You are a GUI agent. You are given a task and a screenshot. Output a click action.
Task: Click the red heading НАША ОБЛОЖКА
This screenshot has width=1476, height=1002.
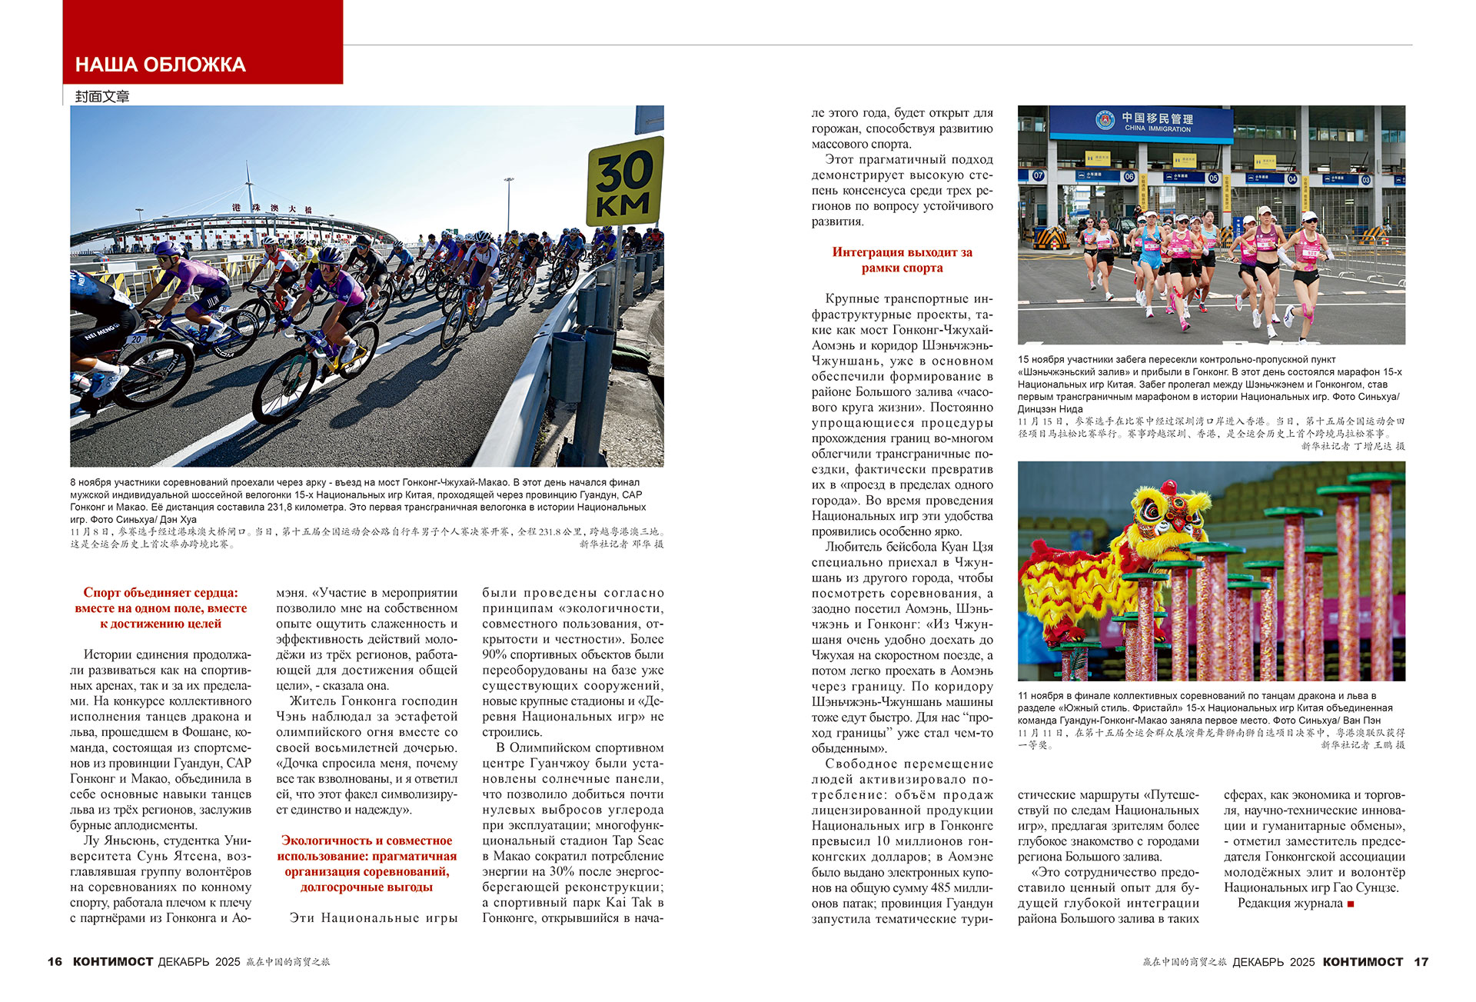pyautogui.click(x=160, y=65)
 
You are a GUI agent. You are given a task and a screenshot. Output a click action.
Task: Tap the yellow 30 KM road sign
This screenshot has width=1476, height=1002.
pyautogui.click(x=624, y=183)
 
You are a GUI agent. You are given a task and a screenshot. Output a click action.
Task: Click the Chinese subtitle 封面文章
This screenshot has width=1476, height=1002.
pyautogui.click(x=102, y=96)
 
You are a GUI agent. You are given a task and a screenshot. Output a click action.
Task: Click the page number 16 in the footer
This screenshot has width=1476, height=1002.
pyautogui.click(x=55, y=962)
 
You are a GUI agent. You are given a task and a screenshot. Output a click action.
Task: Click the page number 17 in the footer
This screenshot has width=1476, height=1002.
pyautogui.click(x=1421, y=962)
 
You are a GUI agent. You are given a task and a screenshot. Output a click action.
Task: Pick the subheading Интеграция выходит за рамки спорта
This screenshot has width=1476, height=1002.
pyautogui.click(x=902, y=260)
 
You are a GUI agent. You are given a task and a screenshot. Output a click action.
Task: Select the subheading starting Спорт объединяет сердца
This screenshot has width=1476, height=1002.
pyautogui.click(x=161, y=608)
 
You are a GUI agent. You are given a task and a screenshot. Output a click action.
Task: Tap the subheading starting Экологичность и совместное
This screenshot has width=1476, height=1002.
pyautogui.click(x=367, y=864)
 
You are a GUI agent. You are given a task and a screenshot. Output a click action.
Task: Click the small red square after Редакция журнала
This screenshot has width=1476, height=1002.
pyautogui.click(x=1351, y=904)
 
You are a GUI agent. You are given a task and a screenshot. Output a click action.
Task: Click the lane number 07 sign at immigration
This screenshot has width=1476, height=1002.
pyautogui.click(x=1038, y=175)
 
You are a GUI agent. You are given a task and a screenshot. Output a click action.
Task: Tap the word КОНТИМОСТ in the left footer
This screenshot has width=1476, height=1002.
pyautogui.click(x=113, y=962)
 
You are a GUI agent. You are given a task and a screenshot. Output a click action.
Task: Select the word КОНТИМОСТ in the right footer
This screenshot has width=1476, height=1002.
pyautogui.click(x=1362, y=962)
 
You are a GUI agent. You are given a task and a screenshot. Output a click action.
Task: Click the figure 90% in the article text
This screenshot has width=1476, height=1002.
pyautogui.click(x=495, y=654)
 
